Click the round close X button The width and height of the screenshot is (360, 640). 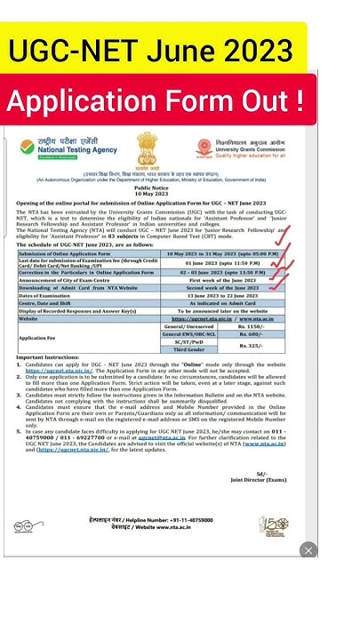pos(307,550)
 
